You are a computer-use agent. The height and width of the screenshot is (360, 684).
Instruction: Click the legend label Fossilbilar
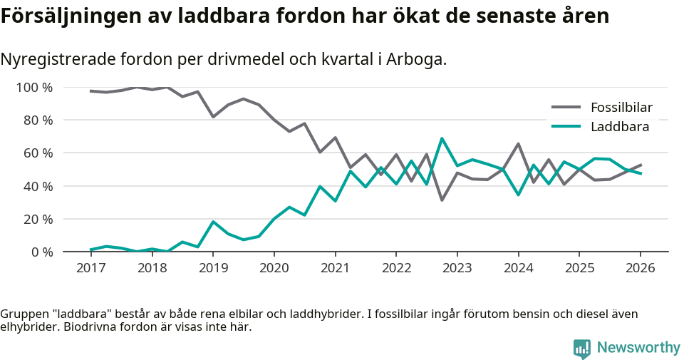click(x=621, y=108)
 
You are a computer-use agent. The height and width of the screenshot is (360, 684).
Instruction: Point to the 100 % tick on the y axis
click(x=35, y=88)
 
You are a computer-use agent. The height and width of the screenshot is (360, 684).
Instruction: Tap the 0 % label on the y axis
click(x=41, y=252)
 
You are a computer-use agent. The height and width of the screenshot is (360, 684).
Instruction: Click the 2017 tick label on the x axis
click(x=90, y=268)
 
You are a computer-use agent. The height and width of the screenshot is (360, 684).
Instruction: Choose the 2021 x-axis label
click(x=335, y=268)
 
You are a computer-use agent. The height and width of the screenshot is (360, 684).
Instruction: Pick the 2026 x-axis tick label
click(x=640, y=268)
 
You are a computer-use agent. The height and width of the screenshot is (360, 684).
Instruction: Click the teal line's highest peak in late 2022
click(x=442, y=138)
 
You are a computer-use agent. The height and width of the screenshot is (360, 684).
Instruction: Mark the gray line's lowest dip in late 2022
click(x=442, y=200)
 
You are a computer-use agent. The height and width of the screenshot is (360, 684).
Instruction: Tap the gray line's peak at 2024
click(x=518, y=144)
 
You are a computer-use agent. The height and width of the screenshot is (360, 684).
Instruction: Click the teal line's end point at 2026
click(x=641, y=173)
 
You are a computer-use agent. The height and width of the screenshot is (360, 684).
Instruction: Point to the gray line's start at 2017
click(x=90, y=91)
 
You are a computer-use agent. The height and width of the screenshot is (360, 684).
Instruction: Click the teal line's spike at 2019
click(x=213, y=222)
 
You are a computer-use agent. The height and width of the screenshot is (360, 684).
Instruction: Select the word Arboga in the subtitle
click(x=415, y=59)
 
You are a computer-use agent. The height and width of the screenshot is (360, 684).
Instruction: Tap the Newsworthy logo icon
click(x=581, y=348)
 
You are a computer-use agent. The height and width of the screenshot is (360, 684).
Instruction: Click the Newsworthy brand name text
click(x=638, y=348)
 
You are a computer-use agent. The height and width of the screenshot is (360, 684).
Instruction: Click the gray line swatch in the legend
click(x=566, y=108)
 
